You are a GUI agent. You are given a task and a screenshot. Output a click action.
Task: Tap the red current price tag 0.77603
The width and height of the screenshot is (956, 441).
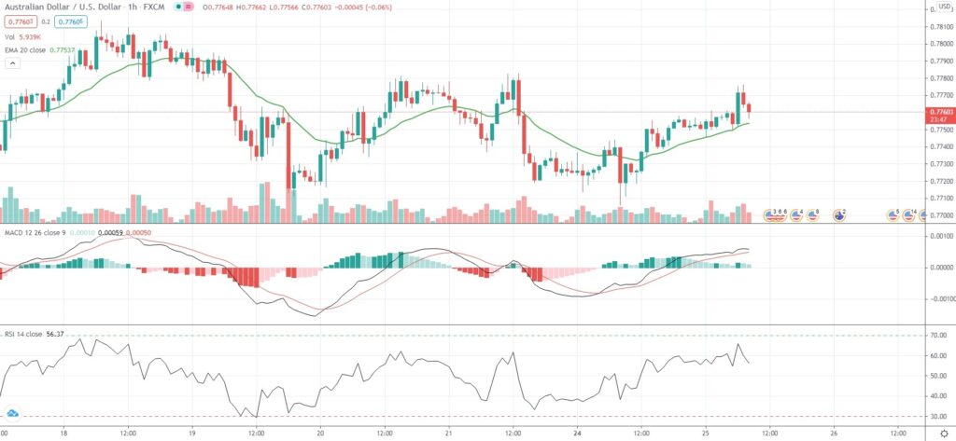(x=939, y=112)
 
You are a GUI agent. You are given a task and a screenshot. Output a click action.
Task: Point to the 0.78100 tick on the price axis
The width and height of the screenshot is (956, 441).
(x=939, y=10)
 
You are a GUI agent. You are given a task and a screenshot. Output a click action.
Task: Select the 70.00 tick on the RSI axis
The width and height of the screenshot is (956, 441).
(x=937, y=336)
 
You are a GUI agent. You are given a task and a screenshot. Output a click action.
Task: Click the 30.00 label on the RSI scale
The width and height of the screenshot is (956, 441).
(x=937, y=416)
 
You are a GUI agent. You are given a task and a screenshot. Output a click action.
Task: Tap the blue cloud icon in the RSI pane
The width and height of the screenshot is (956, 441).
(x=12, y=412)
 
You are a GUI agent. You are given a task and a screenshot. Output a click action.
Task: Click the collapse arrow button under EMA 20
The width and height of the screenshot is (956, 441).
(x=12, y=63)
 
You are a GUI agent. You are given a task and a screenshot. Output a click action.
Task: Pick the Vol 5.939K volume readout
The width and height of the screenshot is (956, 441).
(x=28, y=36)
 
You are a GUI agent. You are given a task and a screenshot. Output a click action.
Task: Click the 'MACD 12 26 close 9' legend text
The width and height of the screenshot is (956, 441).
(x=33, y=231)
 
